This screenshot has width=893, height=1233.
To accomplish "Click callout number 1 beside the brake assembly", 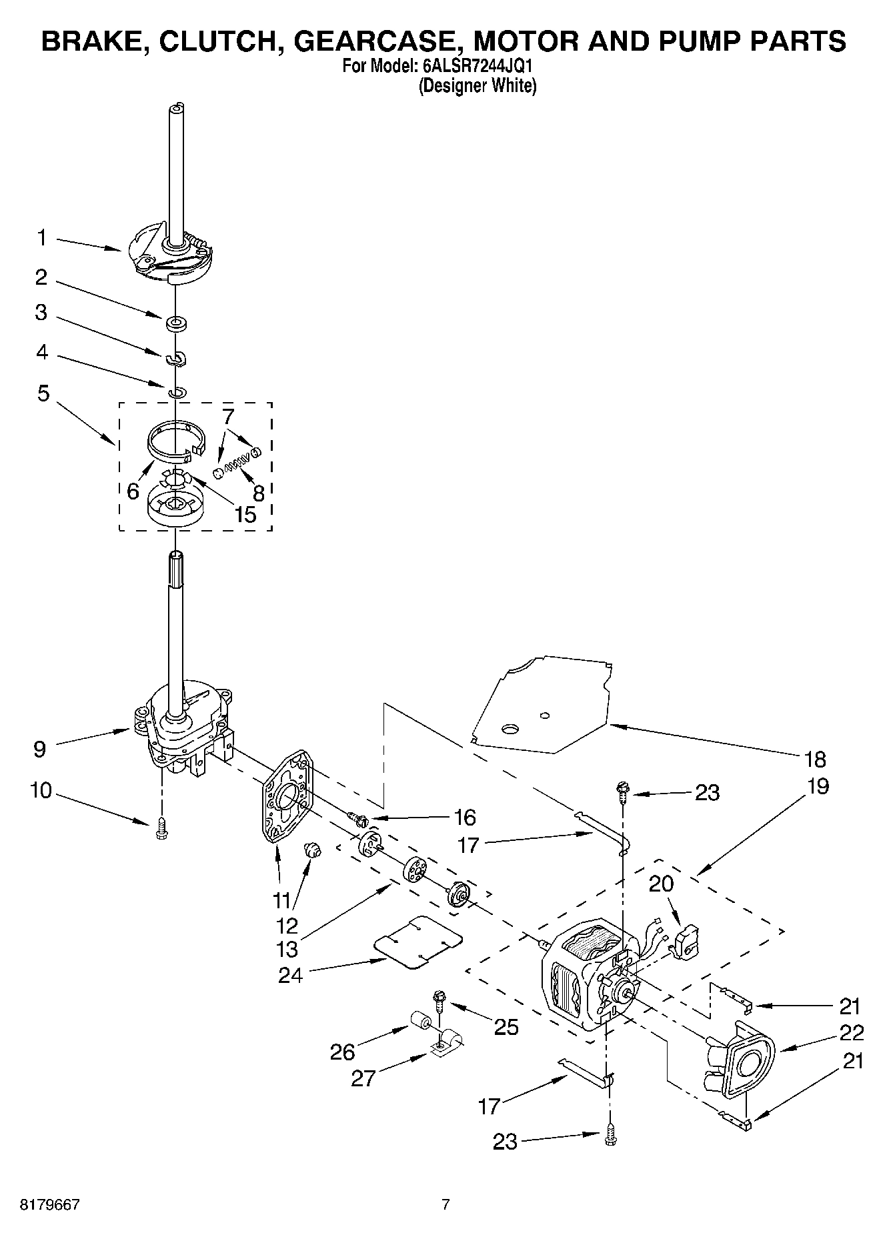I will coord(42,237).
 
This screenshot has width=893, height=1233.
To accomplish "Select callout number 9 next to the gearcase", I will coord(40,749).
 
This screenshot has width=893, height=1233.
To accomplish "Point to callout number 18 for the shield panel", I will coord(815,759).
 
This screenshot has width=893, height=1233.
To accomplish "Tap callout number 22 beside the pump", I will coord(852,1033).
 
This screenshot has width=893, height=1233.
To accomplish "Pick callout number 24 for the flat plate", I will coord(291,975).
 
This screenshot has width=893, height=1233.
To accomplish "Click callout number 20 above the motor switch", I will coord(661,884).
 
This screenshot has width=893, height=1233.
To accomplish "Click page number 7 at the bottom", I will coord(445,1204).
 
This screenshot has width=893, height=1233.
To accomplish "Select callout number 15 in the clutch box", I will coord(245,514).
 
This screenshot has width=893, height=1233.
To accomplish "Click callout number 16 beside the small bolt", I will coord(464,817).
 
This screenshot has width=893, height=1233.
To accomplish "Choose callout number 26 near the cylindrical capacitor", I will coord(343,1052).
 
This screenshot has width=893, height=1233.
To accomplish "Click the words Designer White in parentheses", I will coord(477,86).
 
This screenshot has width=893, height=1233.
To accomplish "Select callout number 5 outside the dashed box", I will coord(43,393).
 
